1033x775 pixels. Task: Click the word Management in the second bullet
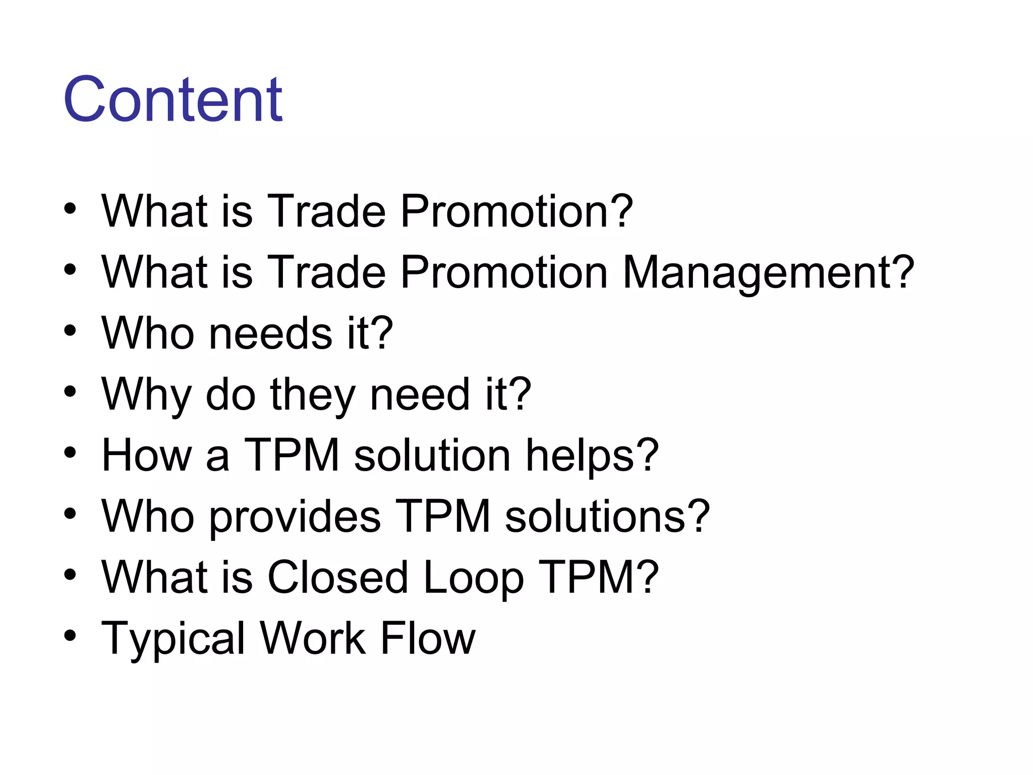[x=759, y=272]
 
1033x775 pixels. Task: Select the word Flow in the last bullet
[x=427, y=638]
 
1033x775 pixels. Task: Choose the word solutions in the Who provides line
[x=597, y=517]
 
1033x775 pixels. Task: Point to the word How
[x=146, y=456]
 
